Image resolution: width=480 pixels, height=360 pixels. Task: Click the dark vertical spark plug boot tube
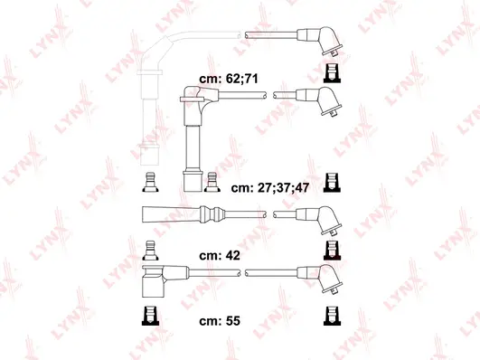[191, 145]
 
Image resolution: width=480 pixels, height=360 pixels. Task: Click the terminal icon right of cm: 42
[330, 250]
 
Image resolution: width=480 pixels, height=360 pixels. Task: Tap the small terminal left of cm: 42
[150, 248]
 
